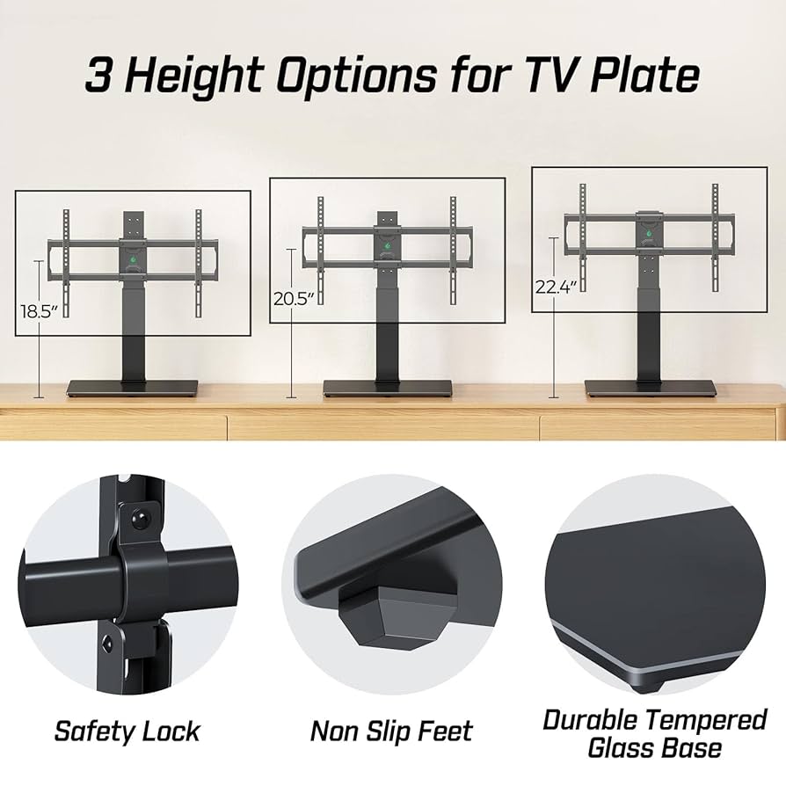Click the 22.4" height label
[x=556, y=287]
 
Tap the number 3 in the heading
[x=99, y=76]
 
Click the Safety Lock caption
[x=127, y=731]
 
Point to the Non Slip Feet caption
[x=391, y=731]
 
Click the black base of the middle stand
[x=388, y=388]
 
